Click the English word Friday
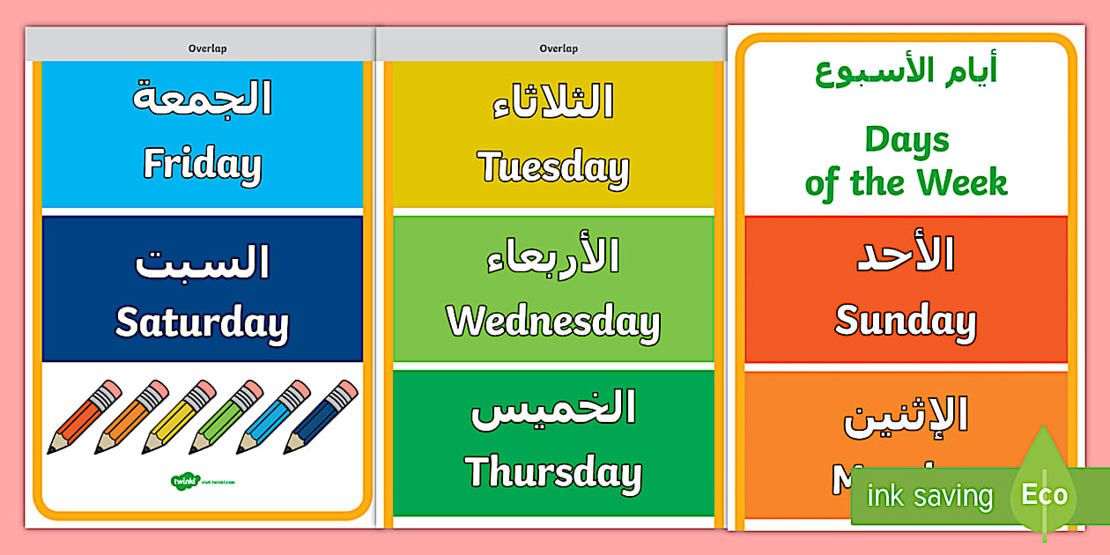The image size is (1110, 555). tap(202, 165)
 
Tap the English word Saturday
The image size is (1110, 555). tap(202, 323)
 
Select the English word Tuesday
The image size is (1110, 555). tap(552, 167)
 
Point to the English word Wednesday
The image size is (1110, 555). tap(552, 322)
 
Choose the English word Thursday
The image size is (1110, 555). tap(552, 473)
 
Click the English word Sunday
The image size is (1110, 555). tap(905, 322)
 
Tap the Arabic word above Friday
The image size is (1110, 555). tap(202, 99)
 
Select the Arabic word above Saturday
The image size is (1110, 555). tap(202, 262)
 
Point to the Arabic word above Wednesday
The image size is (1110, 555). tap(552, 256)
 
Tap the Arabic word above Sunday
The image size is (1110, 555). tap(905, 255)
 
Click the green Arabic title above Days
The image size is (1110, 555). tap(906, 71)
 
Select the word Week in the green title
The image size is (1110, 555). tap(962, 183)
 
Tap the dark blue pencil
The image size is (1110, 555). tap(321, 417)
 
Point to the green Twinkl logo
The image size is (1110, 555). tap(185, 481)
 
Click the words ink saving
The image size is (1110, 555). tap(929, 497)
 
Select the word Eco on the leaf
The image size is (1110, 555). tap(1044, 494)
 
